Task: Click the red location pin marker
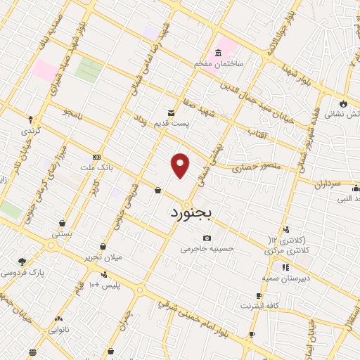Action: point(181,165)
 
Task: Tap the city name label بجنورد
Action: point(191,211)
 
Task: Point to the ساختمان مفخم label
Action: point(219,64)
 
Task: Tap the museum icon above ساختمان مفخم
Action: point(219,53)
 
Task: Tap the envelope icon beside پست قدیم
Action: point(171,112)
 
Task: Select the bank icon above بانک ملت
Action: point(96,157)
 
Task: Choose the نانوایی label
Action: point(59,328)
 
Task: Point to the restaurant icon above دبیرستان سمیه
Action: point(285,268)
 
